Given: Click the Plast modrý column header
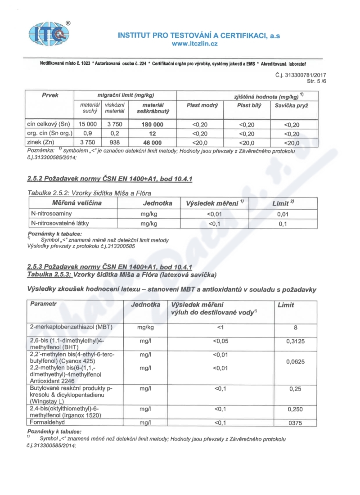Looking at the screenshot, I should point(202,105).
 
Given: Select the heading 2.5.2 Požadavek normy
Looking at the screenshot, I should point(110,180).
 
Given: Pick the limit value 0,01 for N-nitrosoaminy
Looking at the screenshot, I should point(283,215).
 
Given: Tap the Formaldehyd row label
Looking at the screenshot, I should point(48,422).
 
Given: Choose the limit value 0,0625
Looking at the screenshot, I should point(295,361).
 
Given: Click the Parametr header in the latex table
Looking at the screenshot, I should point(44,305).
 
